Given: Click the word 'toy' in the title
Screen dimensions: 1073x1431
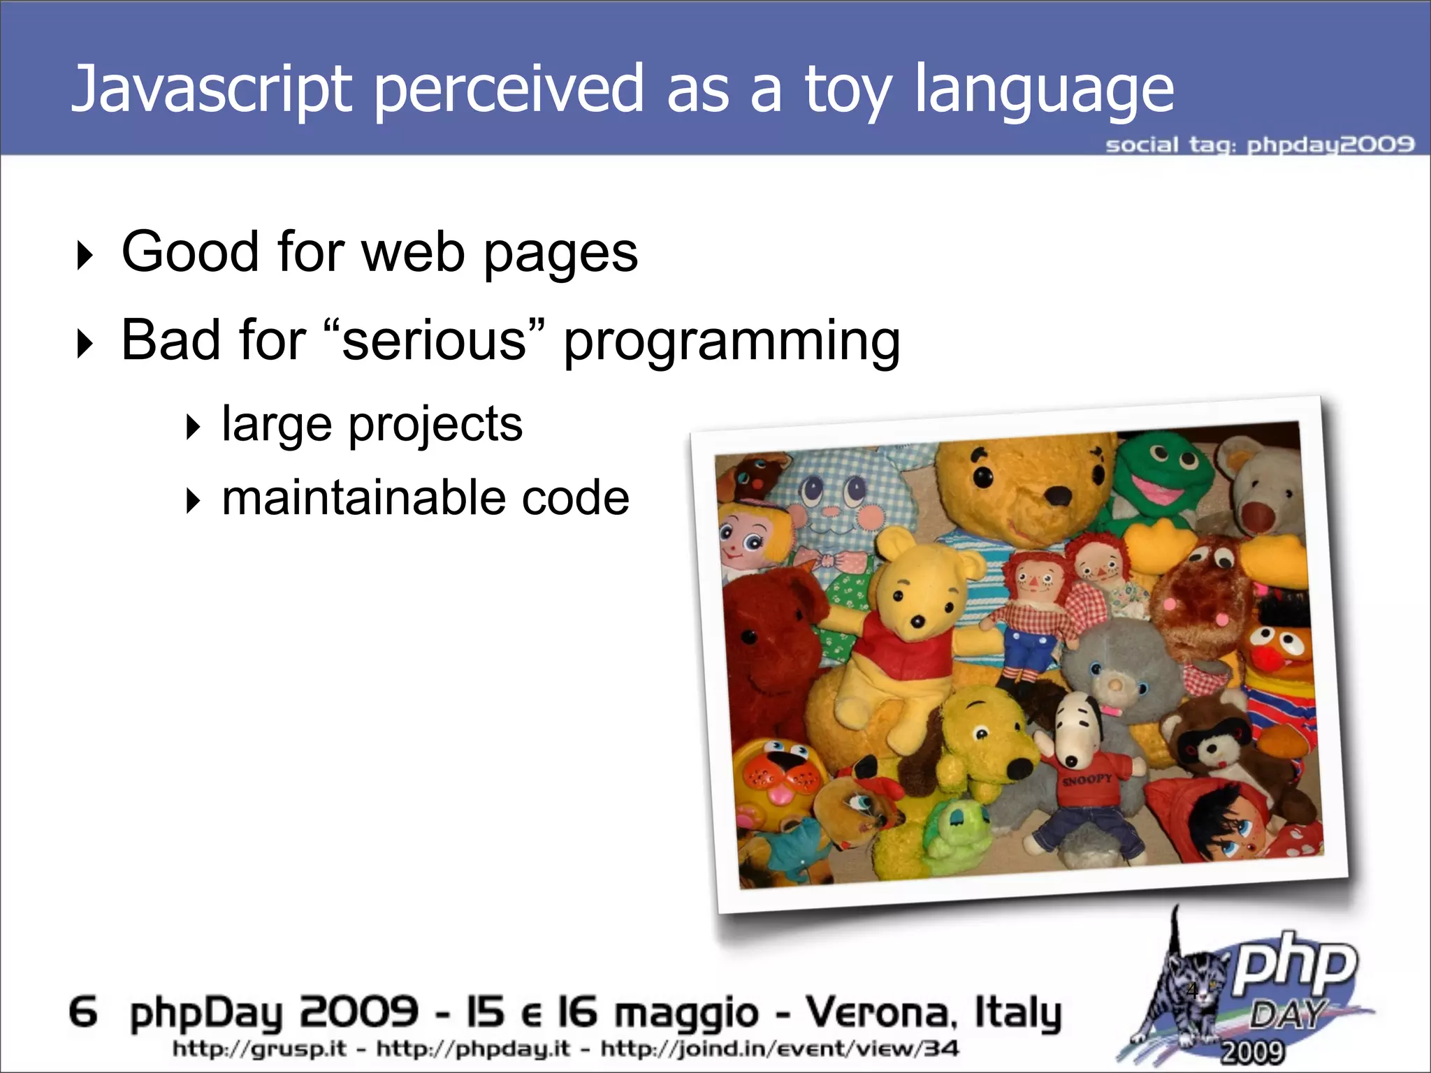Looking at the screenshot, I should click(848, 91).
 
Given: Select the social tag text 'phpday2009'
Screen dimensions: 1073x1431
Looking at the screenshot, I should click(1330, 145).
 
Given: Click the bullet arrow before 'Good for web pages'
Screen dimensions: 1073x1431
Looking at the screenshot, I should click(85, 256).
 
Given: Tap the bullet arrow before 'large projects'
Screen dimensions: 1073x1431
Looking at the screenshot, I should click(194, 427).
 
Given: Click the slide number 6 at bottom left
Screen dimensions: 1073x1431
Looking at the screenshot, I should click(83, 1012).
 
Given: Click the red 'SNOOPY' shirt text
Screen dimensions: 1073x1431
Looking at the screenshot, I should click(1087, 779).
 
